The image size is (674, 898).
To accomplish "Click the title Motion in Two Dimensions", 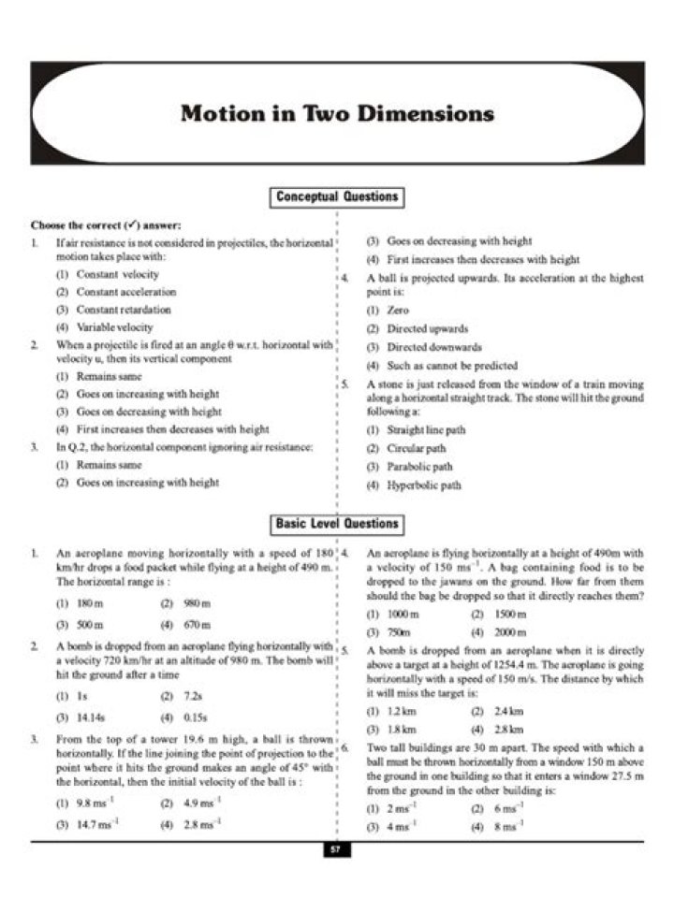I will click(x=337, y=113).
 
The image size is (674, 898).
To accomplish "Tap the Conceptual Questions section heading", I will click(x=337, y=196).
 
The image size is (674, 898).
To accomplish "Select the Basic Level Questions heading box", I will click(x=337, y=524).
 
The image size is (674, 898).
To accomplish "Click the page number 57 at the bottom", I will click(x=337, y=849).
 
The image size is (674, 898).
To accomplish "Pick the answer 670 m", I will click(x=197, y=625).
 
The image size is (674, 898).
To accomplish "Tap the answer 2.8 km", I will click(x=506, y=729).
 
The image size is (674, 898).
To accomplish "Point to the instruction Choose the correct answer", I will click(x=106, y=225).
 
